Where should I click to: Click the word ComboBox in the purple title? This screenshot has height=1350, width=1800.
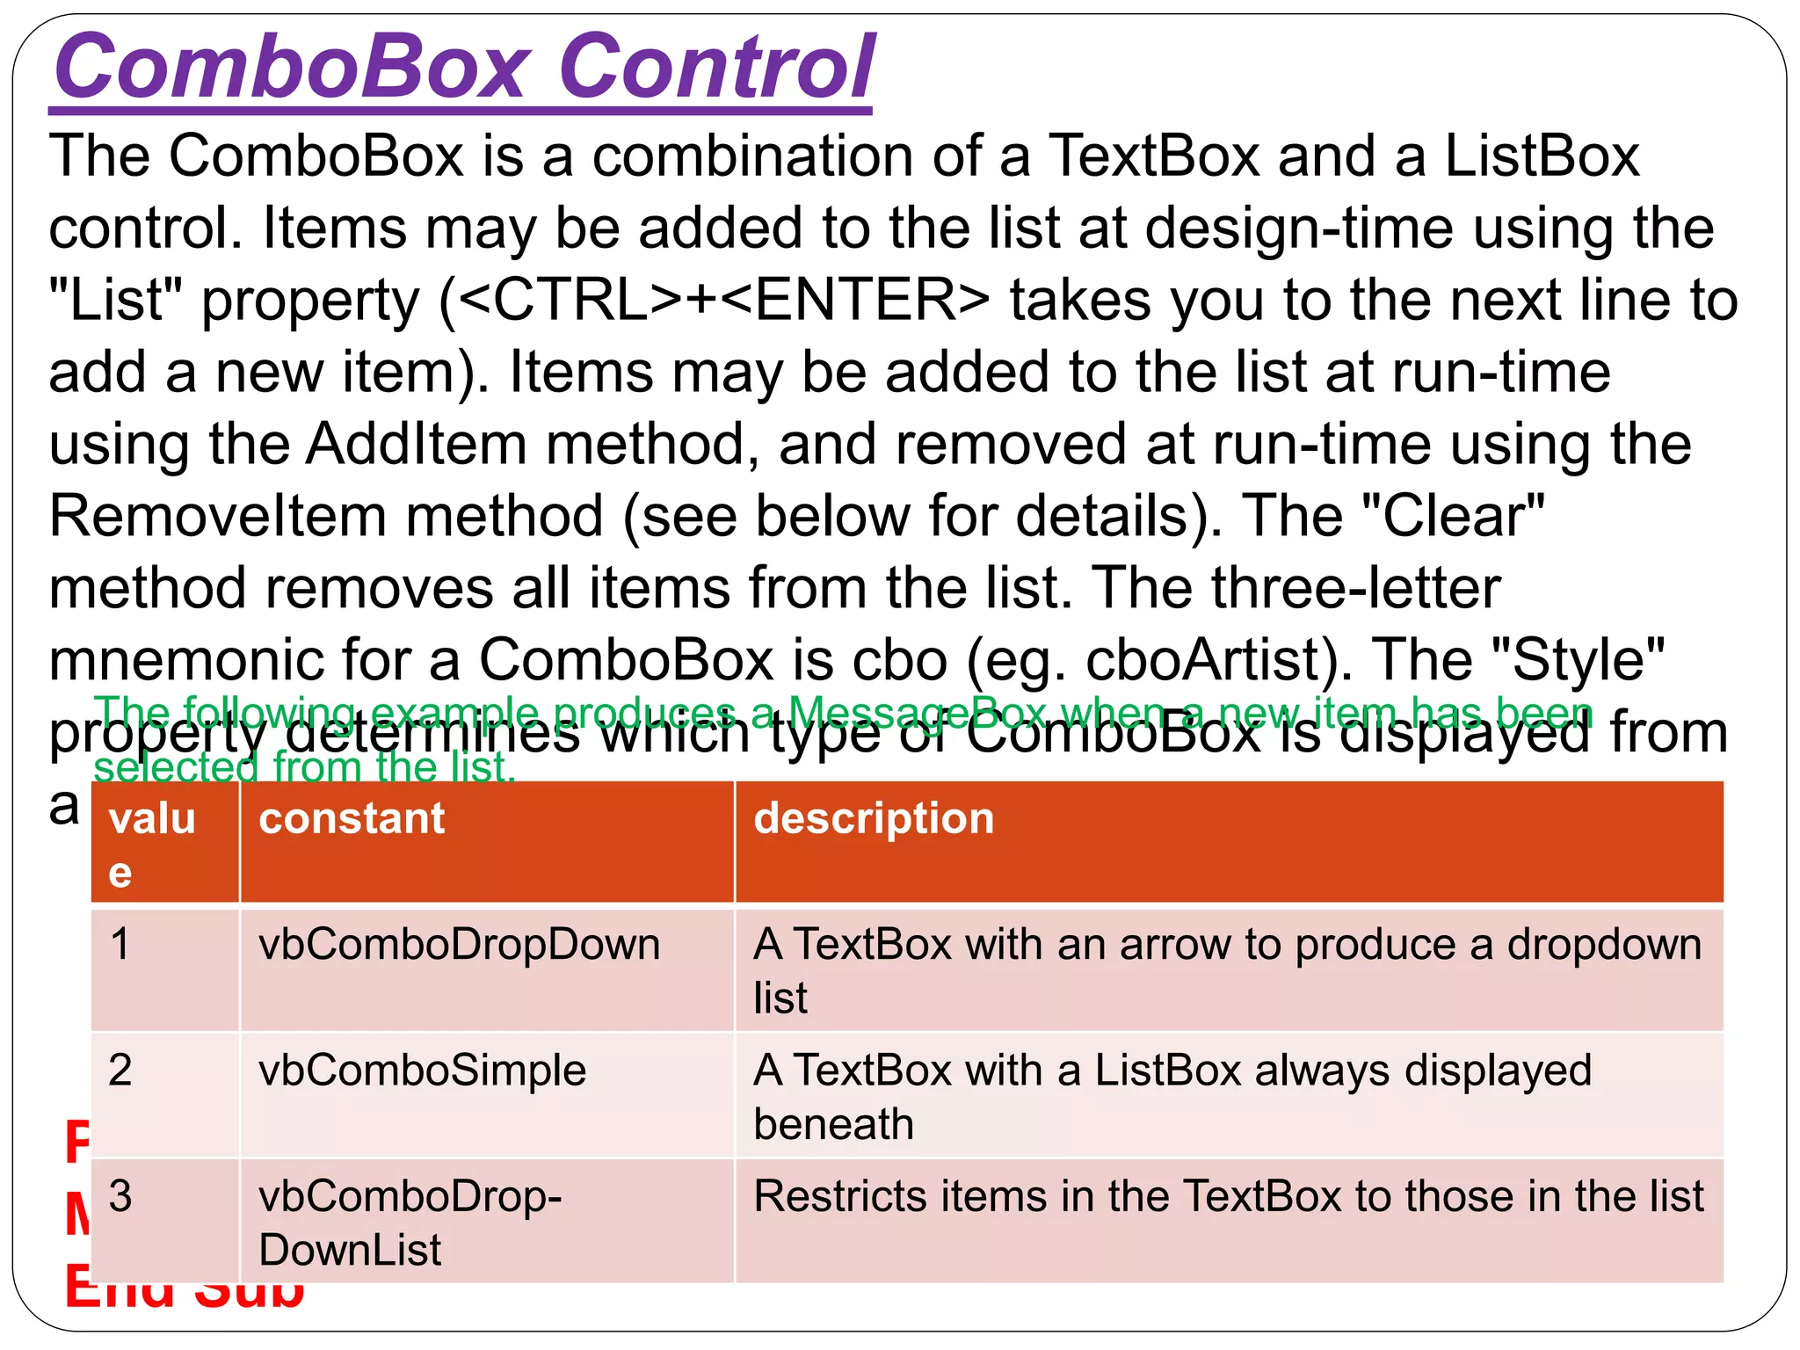pos(290,67)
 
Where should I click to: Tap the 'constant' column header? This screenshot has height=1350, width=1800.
pos(352,819)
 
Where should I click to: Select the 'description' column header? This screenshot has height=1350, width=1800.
pos(874,819)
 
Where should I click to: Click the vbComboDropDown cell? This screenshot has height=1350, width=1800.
pos(459,946)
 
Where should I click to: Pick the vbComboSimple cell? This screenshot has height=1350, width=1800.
pos(422,1071)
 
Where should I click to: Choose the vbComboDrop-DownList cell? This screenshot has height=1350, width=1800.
pos(410,1223)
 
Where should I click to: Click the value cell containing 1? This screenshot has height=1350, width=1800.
pos(120,946)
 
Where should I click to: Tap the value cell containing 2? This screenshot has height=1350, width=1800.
pos(120,1071)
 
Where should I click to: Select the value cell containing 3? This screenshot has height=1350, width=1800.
pos(120,1197)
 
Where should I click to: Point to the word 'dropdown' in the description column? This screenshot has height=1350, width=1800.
pos(1604,946)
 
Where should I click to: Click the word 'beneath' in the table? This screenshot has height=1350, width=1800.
pos(833,1125)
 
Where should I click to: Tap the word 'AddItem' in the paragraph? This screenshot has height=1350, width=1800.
pos(417,444)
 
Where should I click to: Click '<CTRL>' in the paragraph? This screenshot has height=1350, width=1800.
pos(570,301)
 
